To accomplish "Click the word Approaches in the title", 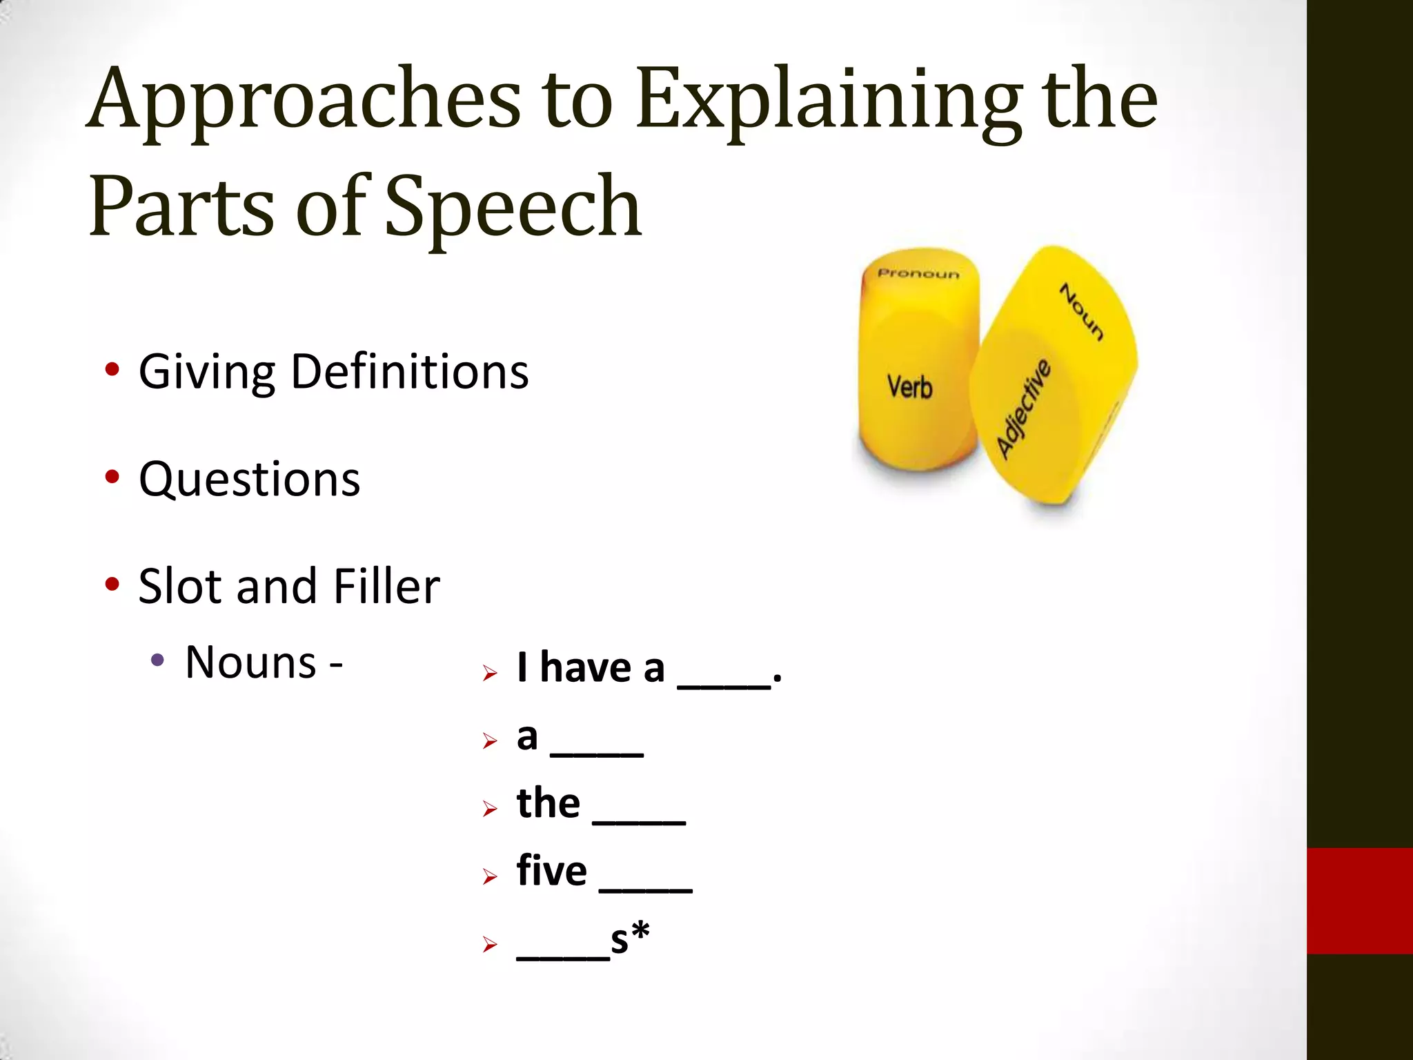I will coord(304,100).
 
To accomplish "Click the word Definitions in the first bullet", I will coord(410,372).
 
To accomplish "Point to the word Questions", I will coord(249,479).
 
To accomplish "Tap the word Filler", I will coord(386,586).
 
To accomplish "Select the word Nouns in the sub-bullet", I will coord(250,662).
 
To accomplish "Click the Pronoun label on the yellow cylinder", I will coord(918,274).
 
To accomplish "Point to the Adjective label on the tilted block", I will coord(1024,409).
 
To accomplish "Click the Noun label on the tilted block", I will coord(1081,312).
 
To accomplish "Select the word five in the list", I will coord(551,871).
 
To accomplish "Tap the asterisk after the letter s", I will coord(640,932).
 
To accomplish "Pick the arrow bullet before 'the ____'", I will coord(490,808).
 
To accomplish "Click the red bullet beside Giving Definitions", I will coord(112,370).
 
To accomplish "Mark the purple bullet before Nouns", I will coord(157,660).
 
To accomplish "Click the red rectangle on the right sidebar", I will coord(1359,901).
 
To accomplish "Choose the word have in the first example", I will coord(585,668).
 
